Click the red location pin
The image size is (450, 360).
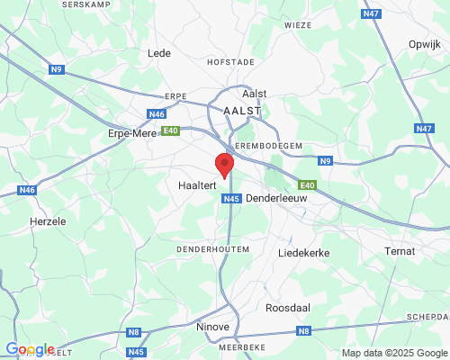224,165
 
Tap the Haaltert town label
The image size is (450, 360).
188,184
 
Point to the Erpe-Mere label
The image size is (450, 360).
132,133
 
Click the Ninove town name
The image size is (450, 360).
213,327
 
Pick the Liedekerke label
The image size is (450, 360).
304,254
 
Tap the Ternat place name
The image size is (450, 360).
399,250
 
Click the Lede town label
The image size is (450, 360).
158,53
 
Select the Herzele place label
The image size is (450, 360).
48,220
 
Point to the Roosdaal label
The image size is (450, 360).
288,308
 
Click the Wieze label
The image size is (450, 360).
297,26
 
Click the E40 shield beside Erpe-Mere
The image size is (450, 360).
170,131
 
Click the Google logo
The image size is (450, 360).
30,349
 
